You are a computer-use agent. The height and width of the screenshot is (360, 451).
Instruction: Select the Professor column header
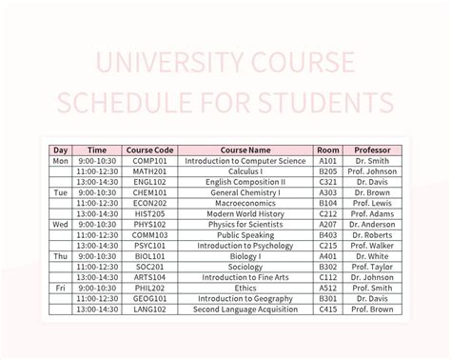(372, 150)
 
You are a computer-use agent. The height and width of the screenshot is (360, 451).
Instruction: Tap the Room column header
(328, 150)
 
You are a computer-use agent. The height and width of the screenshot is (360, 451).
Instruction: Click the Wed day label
(60, 224)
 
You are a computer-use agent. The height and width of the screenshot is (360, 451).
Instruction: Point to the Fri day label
(60, 287)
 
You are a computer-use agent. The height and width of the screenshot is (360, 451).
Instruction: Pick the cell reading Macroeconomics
(245, 203)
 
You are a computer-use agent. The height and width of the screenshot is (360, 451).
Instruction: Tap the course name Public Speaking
(245, 234)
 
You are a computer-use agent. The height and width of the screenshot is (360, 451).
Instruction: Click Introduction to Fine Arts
(245, 276)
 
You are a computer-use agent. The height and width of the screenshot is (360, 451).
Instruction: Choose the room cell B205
(328, 171)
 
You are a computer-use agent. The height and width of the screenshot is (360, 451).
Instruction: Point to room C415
(328, 308)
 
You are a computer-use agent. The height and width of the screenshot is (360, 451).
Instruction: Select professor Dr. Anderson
(372, 224)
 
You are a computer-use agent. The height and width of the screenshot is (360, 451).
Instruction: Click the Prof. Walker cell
(372, 245)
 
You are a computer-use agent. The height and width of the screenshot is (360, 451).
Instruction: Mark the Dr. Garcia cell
(372, 297)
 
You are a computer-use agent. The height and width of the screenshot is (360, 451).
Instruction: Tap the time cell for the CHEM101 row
(97, 192)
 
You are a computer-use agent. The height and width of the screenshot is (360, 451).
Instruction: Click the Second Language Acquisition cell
(245, 308)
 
